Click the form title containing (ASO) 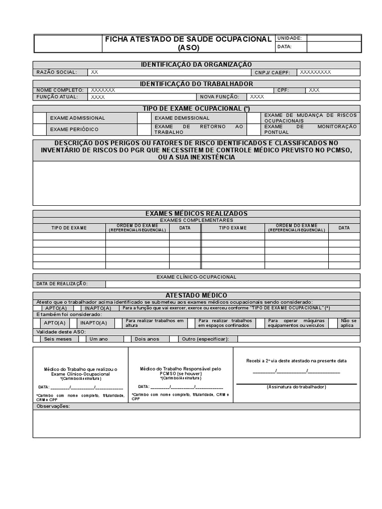[x=188, y=43]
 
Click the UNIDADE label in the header [x=289, y=38]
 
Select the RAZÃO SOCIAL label [x=57, y=72]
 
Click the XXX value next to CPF [x=314, y=90]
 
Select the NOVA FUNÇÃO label [x=219, y=97]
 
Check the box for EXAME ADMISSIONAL [x=40, y=118]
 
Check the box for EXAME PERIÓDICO [x=40, y=129]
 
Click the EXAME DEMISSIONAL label [x=182, y=118]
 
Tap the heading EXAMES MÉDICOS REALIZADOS [x=196, y=213]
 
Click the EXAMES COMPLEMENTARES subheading [x=196, y=220]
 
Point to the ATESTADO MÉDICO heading [x=196, y=295]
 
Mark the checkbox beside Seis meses [x=37, y=339]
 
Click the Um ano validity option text [x=98, y=339]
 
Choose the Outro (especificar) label [x=205, y=339]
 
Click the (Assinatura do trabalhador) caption [x=296, y=387]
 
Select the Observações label [x=53, y=406]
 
